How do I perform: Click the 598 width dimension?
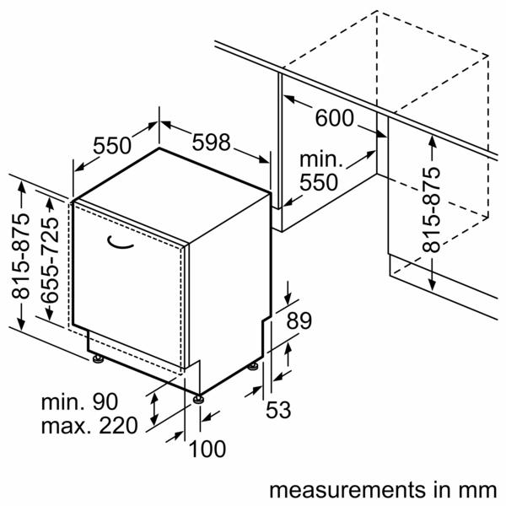[211, 143]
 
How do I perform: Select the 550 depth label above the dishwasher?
[112, 146]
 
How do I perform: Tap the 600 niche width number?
[335, 118]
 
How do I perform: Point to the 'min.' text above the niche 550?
[321, 159]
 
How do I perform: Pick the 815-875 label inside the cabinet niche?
[431, 209]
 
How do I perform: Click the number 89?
[298, 320]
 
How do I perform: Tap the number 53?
[278, 410]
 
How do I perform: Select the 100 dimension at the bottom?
[207, 449]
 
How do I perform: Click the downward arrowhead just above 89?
[288, 303]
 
